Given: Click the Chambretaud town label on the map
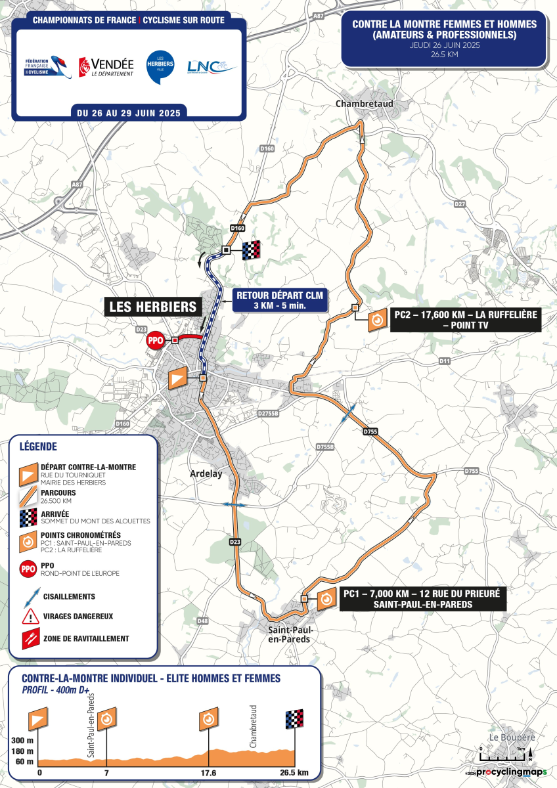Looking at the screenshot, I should (x=359, y=104).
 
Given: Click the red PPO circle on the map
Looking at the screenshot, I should (x=155, y=340).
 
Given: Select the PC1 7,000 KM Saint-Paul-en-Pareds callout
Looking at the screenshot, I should (x=421, y=598).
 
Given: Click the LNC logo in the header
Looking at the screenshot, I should (x=212, y=66).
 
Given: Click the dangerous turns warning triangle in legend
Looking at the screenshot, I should (x=30, y=617).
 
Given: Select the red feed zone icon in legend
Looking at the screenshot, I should (x=30, y=638).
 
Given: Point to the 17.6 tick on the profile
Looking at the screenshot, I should (x=209, y=772).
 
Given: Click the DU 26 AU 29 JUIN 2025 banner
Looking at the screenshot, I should (x=129, y=113).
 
